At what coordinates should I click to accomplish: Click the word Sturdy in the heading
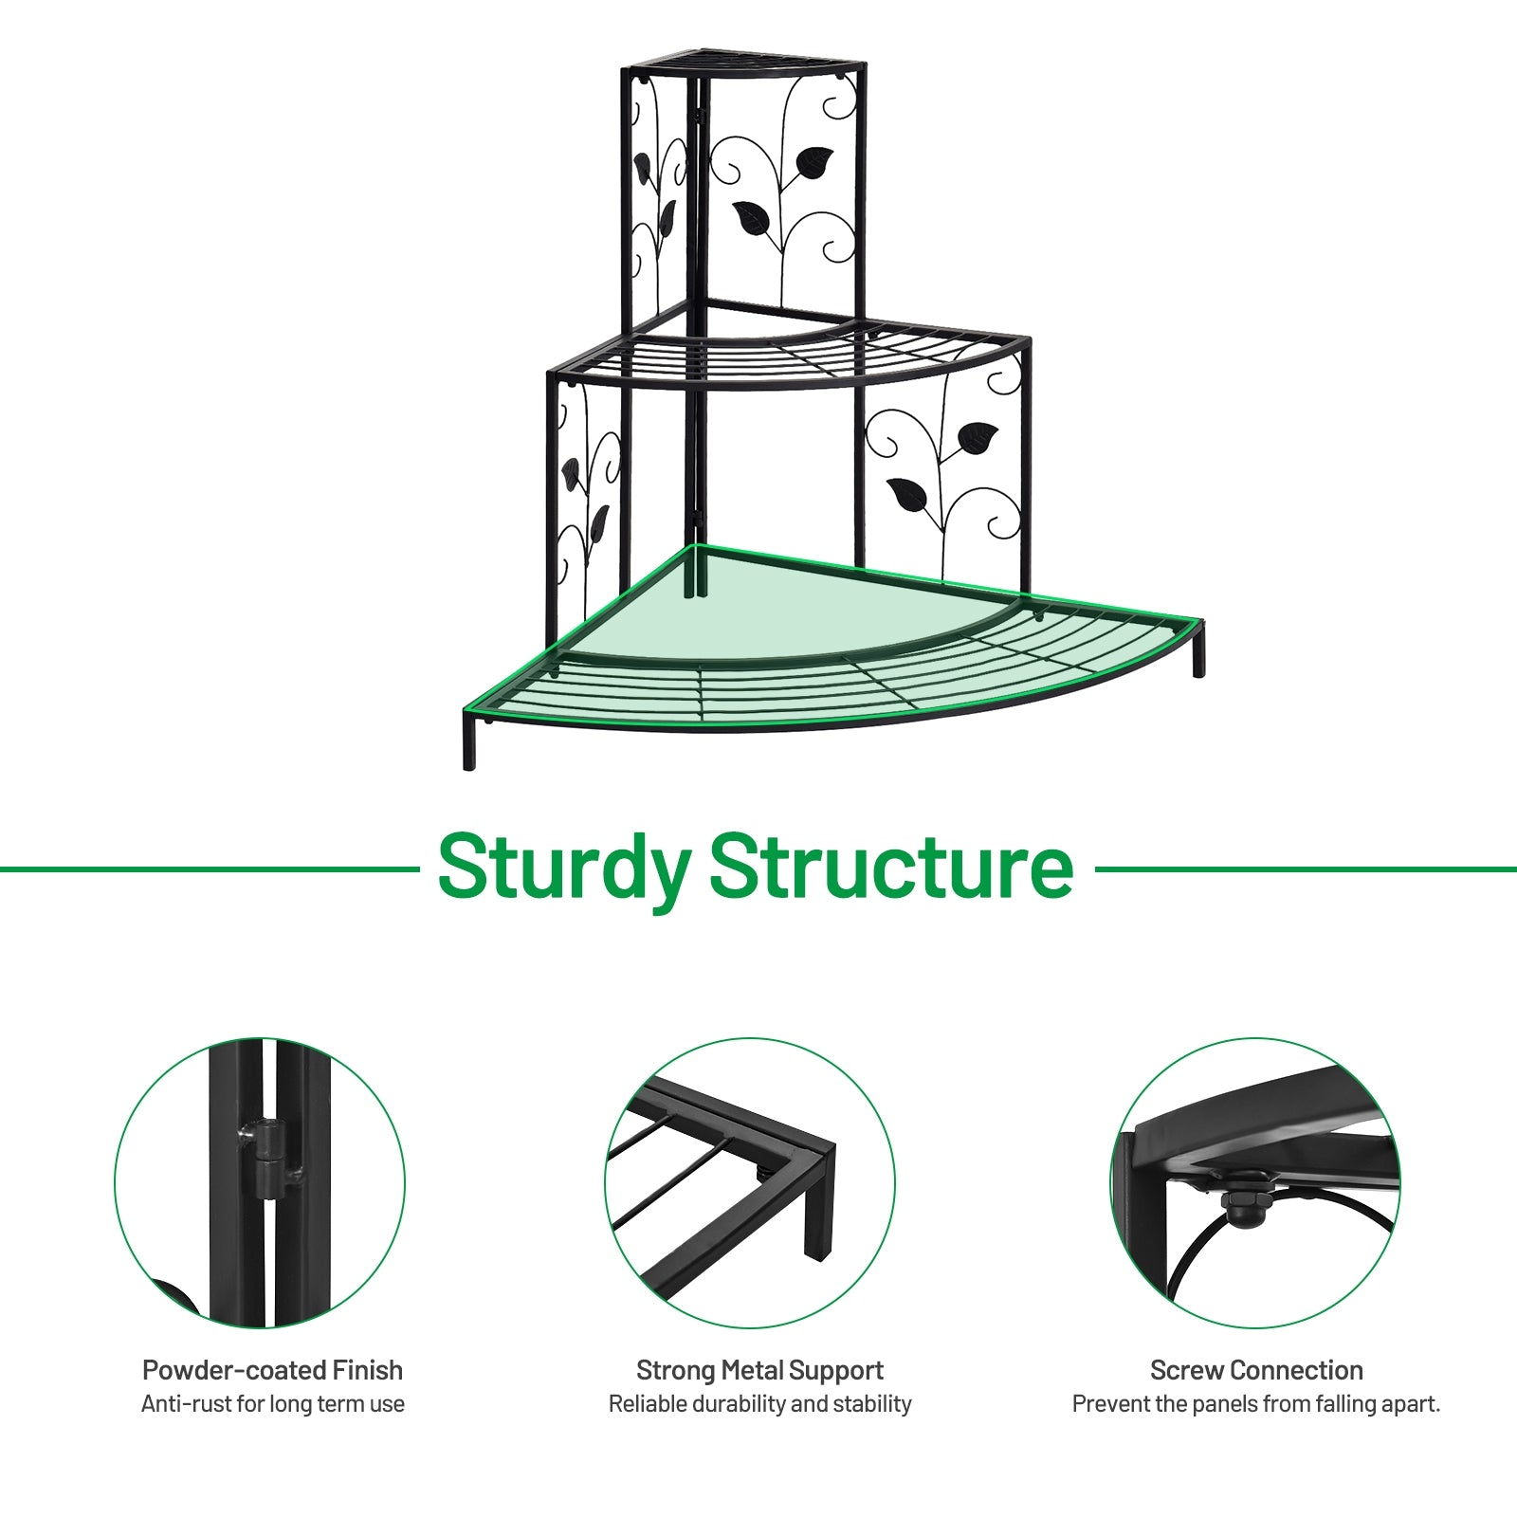(x=564, y=868)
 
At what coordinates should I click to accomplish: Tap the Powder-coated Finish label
(x=272, y=1370)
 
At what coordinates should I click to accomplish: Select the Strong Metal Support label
(x=759, y=1370)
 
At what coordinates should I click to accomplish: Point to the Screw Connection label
(x=1256, y=1370)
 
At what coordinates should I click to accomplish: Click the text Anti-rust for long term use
(x=272, y=1404)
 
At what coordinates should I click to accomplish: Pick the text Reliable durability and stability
(x=759, y=1404)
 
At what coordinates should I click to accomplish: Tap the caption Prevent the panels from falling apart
(x=1256, y=1404)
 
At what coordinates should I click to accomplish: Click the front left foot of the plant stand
(x=469, y=749)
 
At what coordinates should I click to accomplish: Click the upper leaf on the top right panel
(x=814, y=162)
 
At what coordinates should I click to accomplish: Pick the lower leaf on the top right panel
(x=752, y=219)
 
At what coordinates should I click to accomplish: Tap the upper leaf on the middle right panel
(x=978, y=437)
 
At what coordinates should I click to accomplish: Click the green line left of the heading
(x=209, y=868)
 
